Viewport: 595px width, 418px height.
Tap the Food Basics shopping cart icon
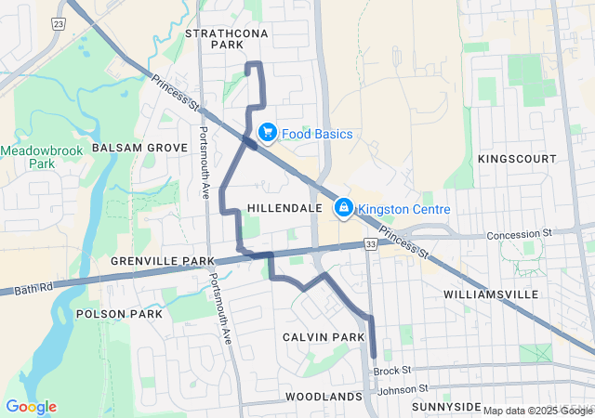(x=268, y=134)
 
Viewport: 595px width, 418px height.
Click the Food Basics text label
(x=317, y=134)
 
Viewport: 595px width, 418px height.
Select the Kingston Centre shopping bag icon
(x=343, y=207)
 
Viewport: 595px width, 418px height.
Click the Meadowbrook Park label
(x=42, y=156)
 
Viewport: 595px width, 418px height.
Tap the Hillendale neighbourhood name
(x=284, y=208)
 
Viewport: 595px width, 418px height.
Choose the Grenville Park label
(x=156, y=261)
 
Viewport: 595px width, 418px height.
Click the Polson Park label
(x=119, y=314)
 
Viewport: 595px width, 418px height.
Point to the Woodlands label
(x=324, y=397)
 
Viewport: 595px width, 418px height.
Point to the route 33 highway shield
(x=371, y=243)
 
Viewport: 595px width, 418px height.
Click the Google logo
(x=31, y=406)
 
